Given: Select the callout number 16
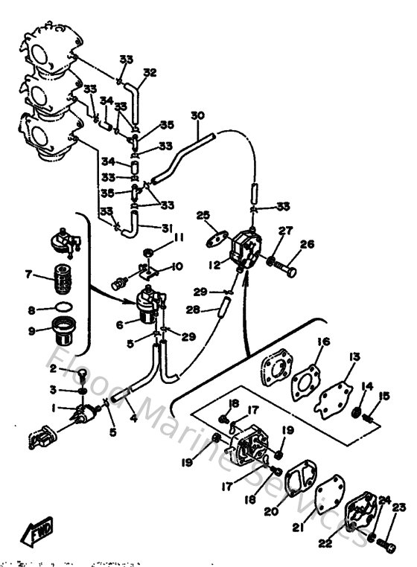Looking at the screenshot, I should (323, 342).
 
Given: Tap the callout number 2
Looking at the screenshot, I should (54, 368).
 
